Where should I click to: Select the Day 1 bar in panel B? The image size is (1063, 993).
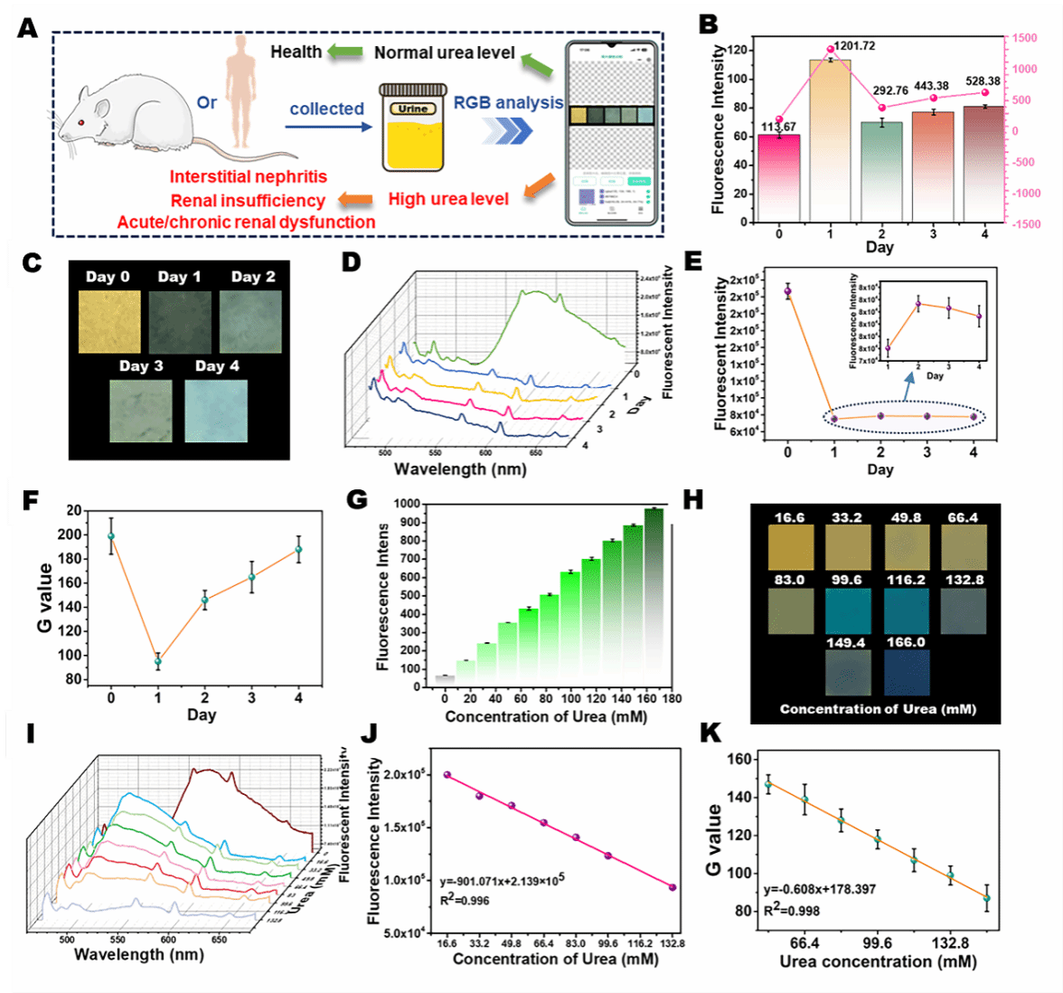click(x=830, y=140)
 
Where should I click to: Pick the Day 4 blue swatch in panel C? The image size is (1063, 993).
click(x=216, y=410)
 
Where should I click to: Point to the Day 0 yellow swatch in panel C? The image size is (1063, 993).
click(x=109, y=321)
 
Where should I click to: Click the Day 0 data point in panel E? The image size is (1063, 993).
click(x=788, y=291)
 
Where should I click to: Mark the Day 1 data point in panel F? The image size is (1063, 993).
click(x=158, y=661)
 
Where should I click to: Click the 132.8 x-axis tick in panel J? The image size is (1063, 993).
click(x=671, y=942)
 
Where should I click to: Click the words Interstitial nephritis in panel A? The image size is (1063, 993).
click(x=249, y=177)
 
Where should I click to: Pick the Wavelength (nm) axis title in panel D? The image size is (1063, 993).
click(x=460, y=468)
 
